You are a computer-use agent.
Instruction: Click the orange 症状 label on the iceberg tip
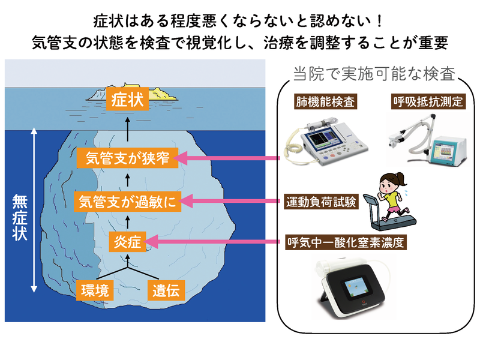click(x=127, y=98)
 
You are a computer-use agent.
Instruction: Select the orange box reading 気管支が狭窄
click(x=127, y=158)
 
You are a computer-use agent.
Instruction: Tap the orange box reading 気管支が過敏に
click(x=128, y=202)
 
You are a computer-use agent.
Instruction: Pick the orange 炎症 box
click(x=127, y=242)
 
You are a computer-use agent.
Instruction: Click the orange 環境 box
click(x=95, y=290)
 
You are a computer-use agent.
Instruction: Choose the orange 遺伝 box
click(x=166, y=290)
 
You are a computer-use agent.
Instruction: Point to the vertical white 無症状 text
click(x=20, y=218)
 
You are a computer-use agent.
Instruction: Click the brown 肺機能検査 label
click(x=325, y=101)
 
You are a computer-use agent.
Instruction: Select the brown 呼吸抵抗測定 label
click(x=428, y=101)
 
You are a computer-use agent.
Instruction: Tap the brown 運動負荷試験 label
click(x=321, y=202)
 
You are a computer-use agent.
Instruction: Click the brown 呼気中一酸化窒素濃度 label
click(x=346, y=242)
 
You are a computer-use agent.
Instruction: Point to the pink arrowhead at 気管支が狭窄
click(x=180, y=158)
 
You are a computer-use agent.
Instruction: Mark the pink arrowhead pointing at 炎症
click(x=151, y=242)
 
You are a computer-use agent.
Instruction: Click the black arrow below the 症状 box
click(x=128, y=129)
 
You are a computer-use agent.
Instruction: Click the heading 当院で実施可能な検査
click(x=374, y=74)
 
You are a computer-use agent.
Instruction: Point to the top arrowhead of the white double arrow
click(x=34, y=131)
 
